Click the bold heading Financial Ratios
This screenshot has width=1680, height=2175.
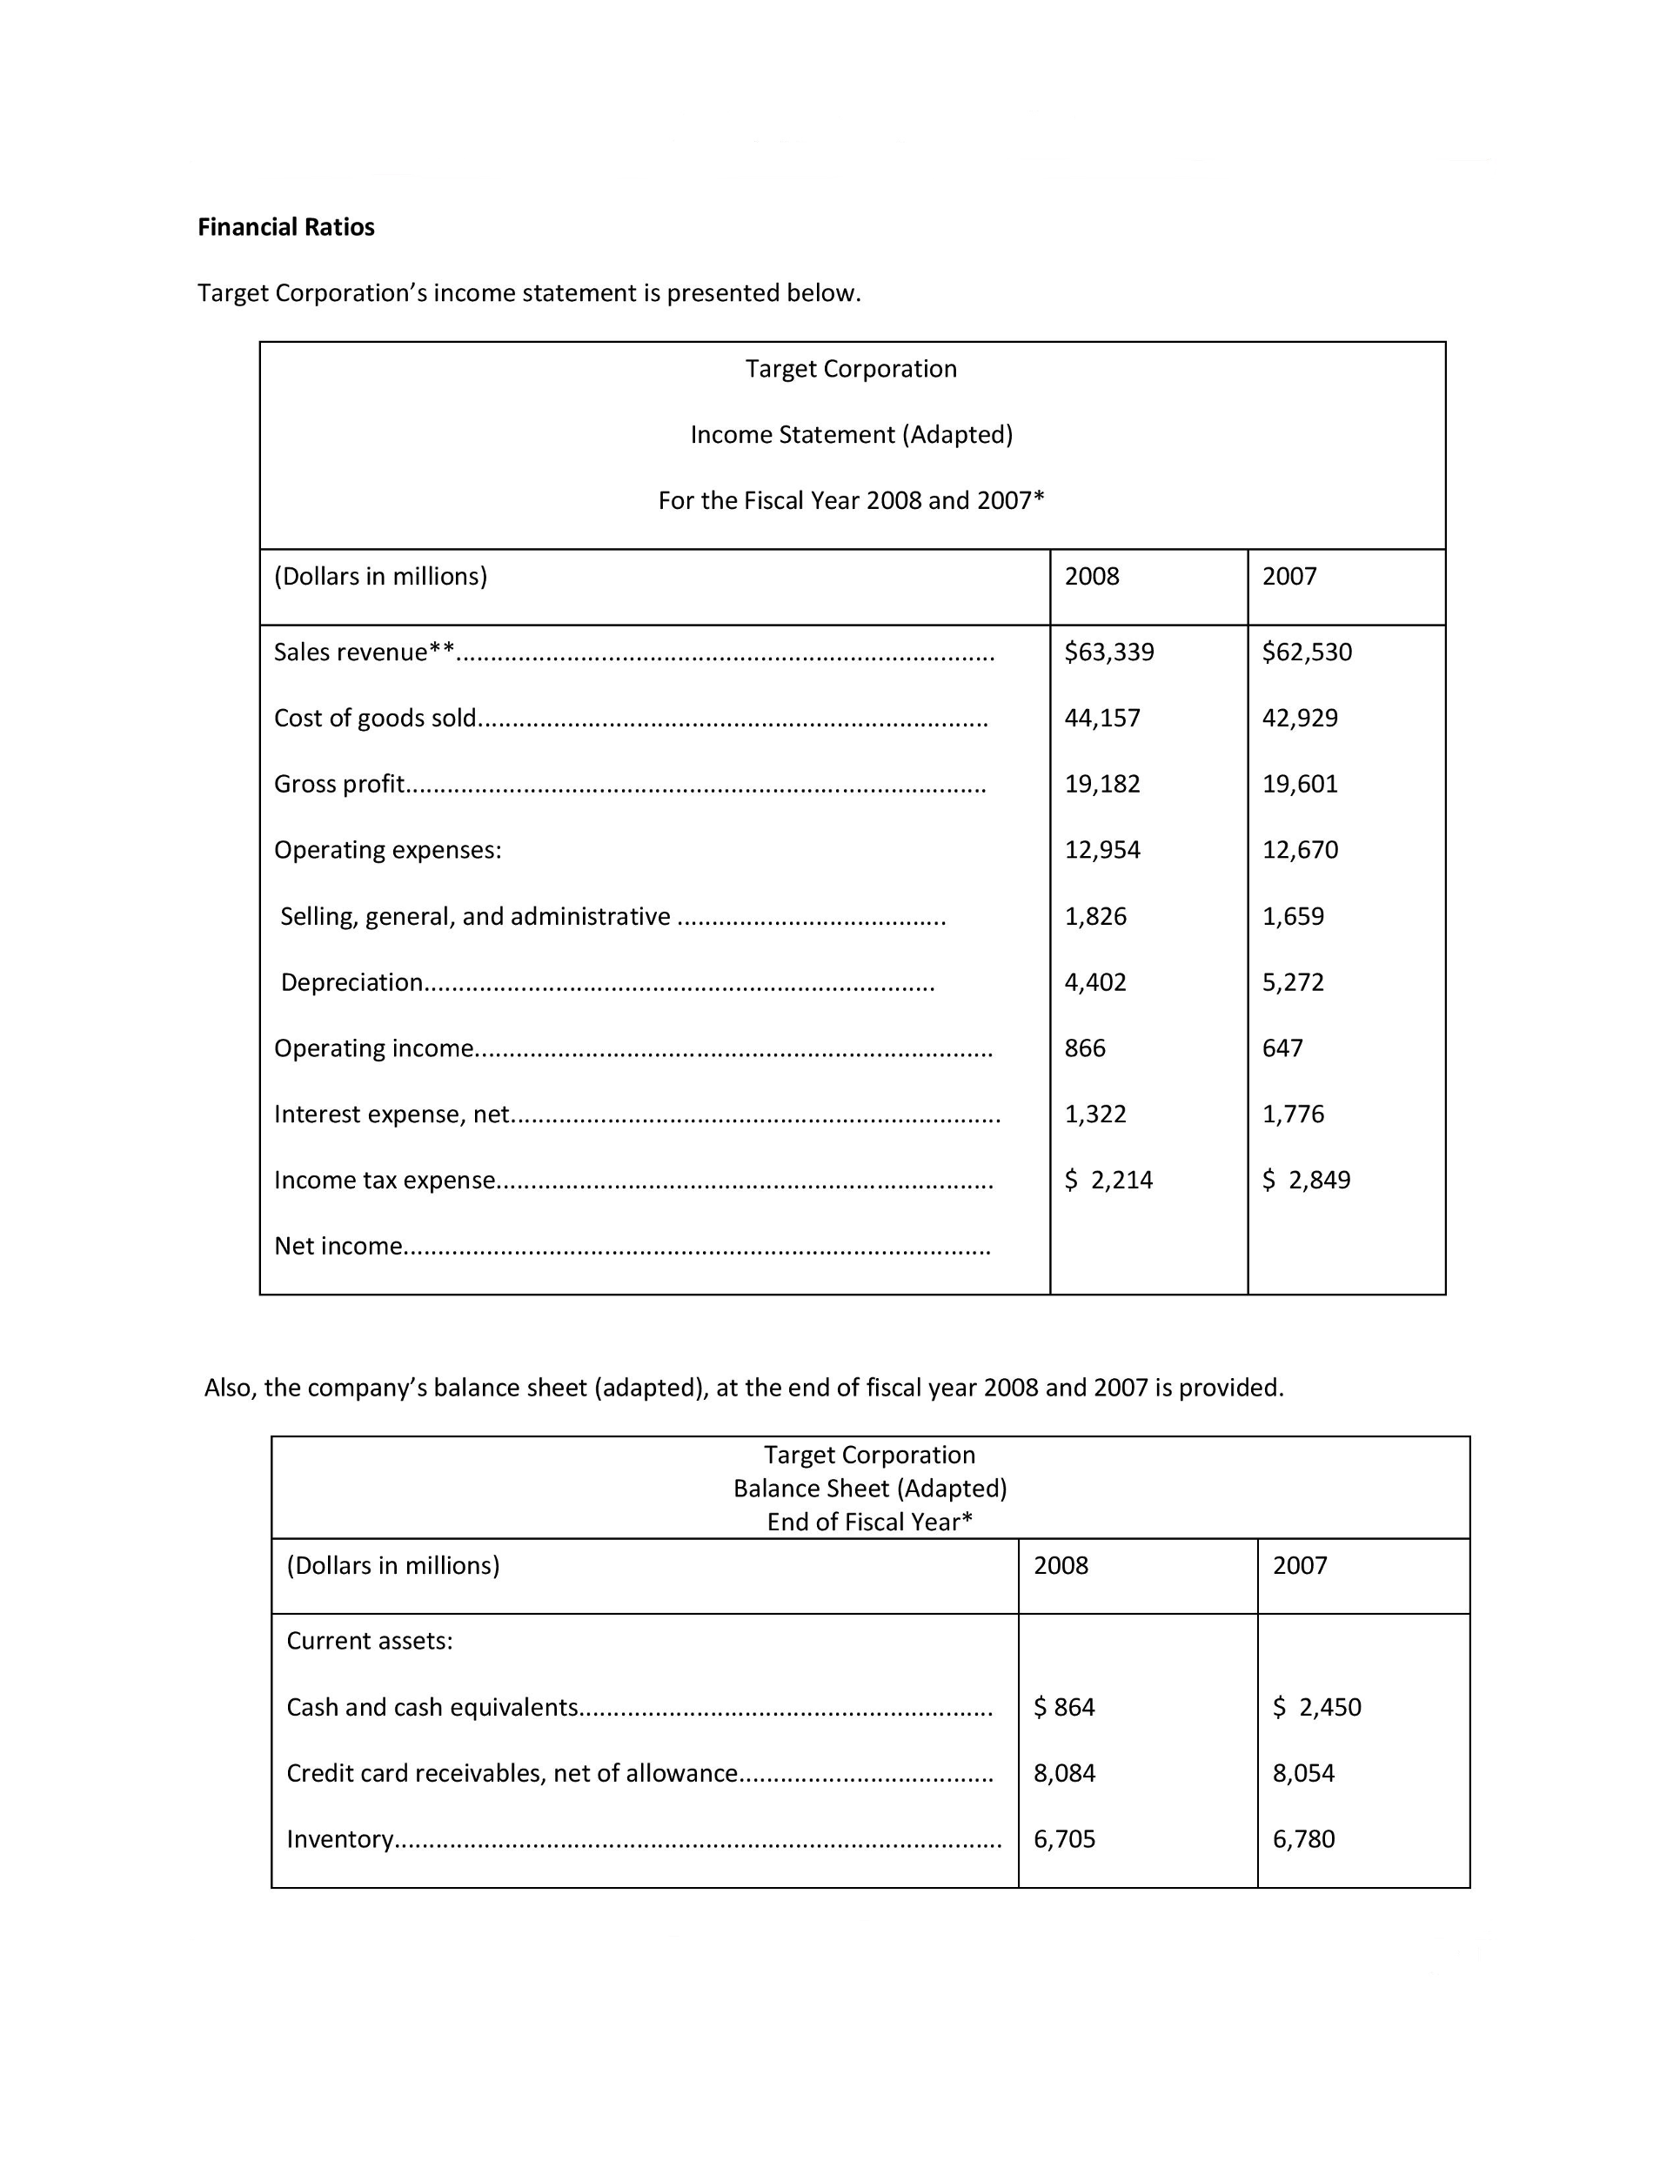[x=286, y=227]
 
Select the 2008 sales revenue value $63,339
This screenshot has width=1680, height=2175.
[x=1108, y=652]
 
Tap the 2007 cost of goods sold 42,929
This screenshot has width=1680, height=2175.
[x=1300, y=718]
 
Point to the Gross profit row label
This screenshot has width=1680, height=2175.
[x=338, y=784]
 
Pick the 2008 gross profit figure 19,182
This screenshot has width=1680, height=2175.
[x=1101, y=784]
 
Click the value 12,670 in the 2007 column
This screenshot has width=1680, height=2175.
[x=1300, y=849]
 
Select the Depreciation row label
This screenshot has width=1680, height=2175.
[x=351, y=982]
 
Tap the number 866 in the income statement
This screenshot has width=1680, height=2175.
[x=1085, y=1047]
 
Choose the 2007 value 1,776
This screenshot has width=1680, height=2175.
[x=1293, y=1114]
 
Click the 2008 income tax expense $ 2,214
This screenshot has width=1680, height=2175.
[x=1108, y=1180]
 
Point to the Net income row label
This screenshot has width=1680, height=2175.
[x=338, y=1246]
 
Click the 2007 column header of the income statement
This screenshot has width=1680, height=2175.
[x=1288, y=577]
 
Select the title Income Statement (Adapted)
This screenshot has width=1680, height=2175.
[x=852, y=434]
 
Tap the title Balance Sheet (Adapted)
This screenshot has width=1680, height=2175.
[x=869, y=1488]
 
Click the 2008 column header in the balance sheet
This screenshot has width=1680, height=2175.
[x=1061, y=1565]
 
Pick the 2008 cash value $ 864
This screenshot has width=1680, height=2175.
[x=1063, y=1707]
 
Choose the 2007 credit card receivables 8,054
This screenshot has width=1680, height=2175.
[x=1302, y=1773]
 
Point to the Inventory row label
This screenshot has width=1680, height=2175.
[x=339, y=1838]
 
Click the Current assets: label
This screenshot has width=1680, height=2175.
[x=370, y=1641]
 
